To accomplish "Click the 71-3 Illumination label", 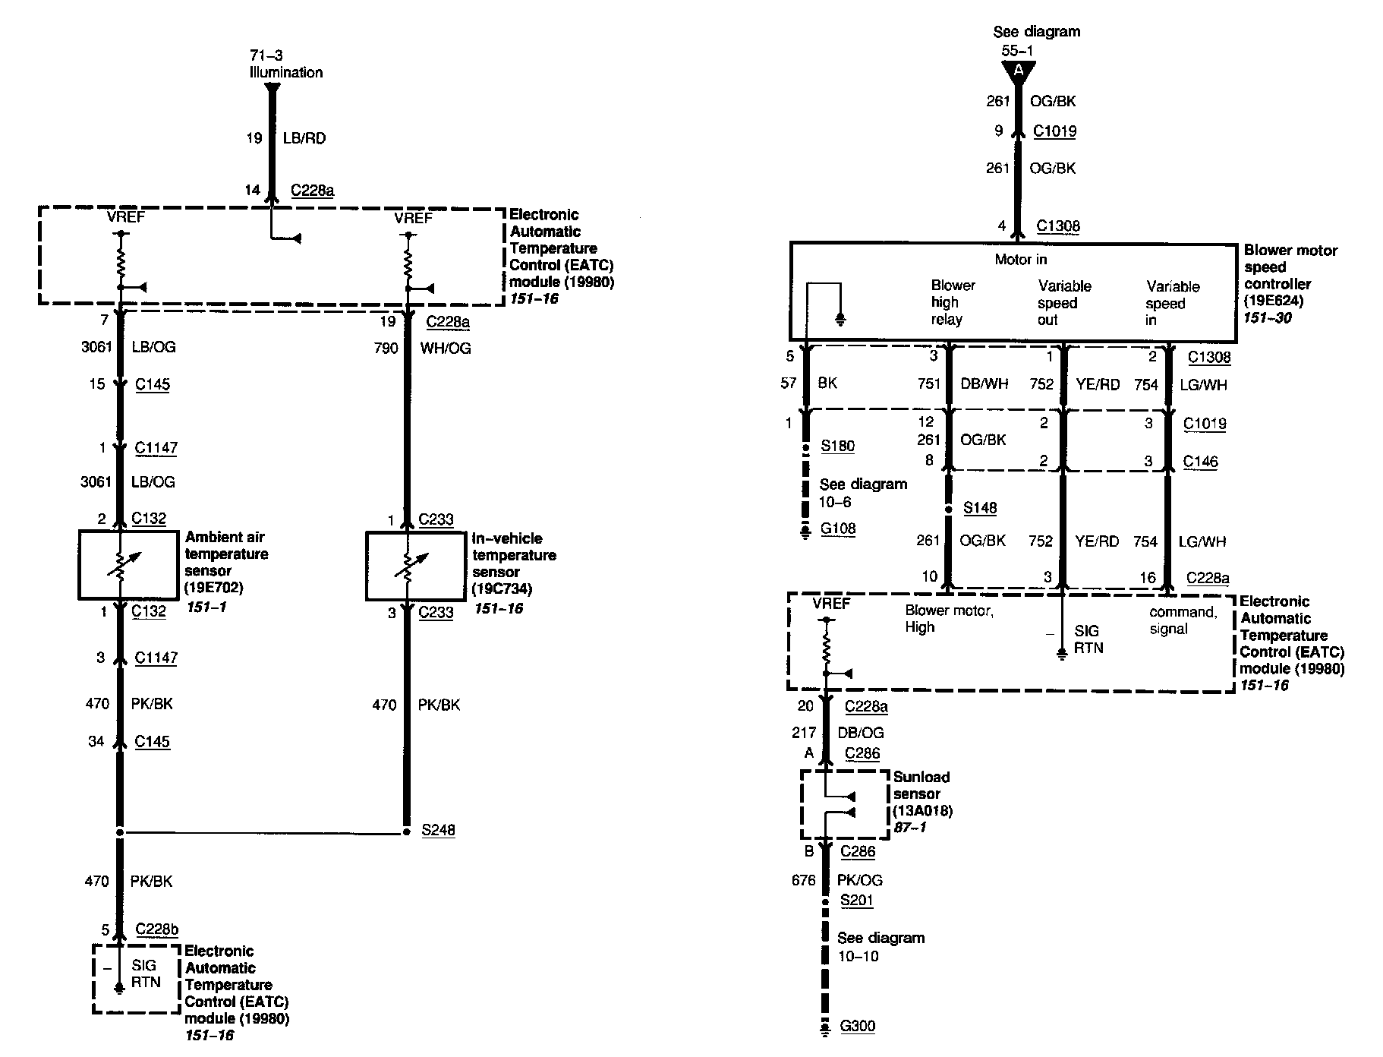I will pyautogui.click(x=285, y=64).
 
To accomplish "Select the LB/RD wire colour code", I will pyautogui.click(x=304, y=138).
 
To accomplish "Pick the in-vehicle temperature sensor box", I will pyautogui.click(x=415, y=566).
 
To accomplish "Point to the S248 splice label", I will pyautogui.click(x=438, y=830).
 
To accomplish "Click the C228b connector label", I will pyautogui.click(x=157, y=929).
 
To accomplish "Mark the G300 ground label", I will pyautogui.click(x=857, y=1026).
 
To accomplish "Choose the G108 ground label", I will pyautogui.click(x=838, y=528).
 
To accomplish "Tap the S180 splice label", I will pyautogui.click(x=837, y=446).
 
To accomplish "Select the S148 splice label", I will pyautogui.click(x=979, y=507).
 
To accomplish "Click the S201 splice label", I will pyautogui.click(x=856, y=900).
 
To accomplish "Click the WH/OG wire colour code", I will pyautogui.click(x=445, y=348).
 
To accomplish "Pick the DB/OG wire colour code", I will pyautogui.click(x=860, y=732).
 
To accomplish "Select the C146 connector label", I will pyautogui.click(x=1199, y=461).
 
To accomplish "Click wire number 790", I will pyautogui.click(x=386, y=348).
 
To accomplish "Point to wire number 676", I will pyautogui.click(x=803, y=880).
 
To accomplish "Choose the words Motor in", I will pyautogui.click(x=1020, y=260).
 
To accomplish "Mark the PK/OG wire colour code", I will pyautogui.click(x=859, y=880).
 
